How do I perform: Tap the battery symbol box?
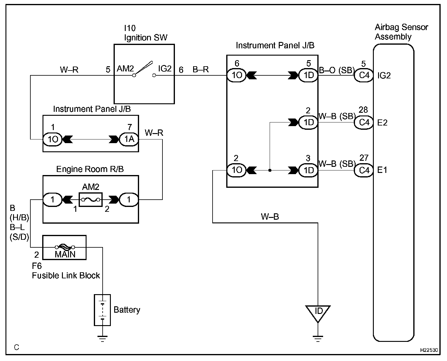(102, 310)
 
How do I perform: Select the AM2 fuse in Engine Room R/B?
(91, 200)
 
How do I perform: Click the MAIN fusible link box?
(64, 247)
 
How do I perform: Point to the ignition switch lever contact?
(144, 68)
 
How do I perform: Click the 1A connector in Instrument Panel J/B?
(129, 139)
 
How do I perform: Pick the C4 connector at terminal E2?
(364, 122)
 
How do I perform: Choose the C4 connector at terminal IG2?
(364, 75)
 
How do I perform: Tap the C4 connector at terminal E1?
(364, 170)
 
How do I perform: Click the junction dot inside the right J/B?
(270, 170)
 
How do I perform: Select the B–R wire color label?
(201, 69)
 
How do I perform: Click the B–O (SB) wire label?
(336, 70)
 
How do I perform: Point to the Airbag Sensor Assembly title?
(401, 32)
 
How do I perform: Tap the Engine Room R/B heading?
(90, 169)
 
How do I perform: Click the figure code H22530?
(429, 350)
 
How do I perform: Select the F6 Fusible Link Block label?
(66, 271)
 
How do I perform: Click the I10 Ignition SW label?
(146, 33)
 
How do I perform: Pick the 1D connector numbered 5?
(308, 75)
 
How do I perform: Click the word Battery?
(127, 310)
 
